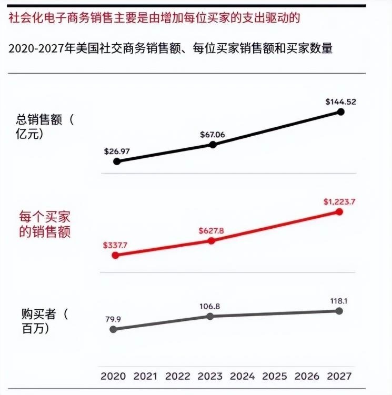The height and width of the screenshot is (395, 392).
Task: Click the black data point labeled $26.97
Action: tap(117, 161)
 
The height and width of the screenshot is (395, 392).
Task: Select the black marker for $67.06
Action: tap(213, 144)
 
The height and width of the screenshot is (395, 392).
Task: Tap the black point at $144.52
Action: tap(340, 112)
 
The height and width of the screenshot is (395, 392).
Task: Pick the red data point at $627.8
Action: tap(212, 240)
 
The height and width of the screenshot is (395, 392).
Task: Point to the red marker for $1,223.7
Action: tap(339, 211)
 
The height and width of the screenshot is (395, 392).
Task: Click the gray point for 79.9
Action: tap(113, 329)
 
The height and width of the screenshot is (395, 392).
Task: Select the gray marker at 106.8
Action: tap(210, 316)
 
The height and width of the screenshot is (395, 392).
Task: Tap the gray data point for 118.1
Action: tap(339, 311)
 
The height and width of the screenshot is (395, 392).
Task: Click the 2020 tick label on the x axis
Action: tap(113, 377)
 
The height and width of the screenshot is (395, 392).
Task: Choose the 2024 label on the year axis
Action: tap(243, 377)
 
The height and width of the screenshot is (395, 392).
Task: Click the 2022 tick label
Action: tap(178, 377)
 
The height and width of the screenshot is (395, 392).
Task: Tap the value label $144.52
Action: tap(341, 102)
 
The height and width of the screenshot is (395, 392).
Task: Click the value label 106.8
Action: tap(210, 306)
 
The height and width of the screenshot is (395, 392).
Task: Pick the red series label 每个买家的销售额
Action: tap(45, 225)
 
